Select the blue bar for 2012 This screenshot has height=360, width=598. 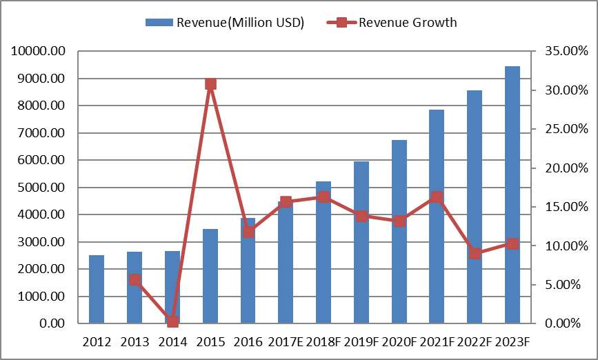pyautogui.click(x=97, y=289)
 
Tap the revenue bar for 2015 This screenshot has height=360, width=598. pyautogui.click(x=210, y=276)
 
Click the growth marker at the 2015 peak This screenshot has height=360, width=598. pyautogui.click(x=210, y=84)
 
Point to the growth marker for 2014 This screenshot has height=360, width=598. pyautogui.click(x=172, y=321)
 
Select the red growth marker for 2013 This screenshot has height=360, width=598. pyautogui.click(x=134, y=279)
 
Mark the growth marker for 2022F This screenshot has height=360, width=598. pyautogui.click(x=475, y=253)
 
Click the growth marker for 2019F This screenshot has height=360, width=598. pyautogui.click(x=361, y=216)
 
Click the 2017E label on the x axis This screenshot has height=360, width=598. pyautogui.click(x=286, y=341)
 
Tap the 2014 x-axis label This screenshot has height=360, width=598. pyautogui.click(x=172, y=341)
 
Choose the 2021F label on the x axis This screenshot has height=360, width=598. pyautogui.click(x=437, y=341)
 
